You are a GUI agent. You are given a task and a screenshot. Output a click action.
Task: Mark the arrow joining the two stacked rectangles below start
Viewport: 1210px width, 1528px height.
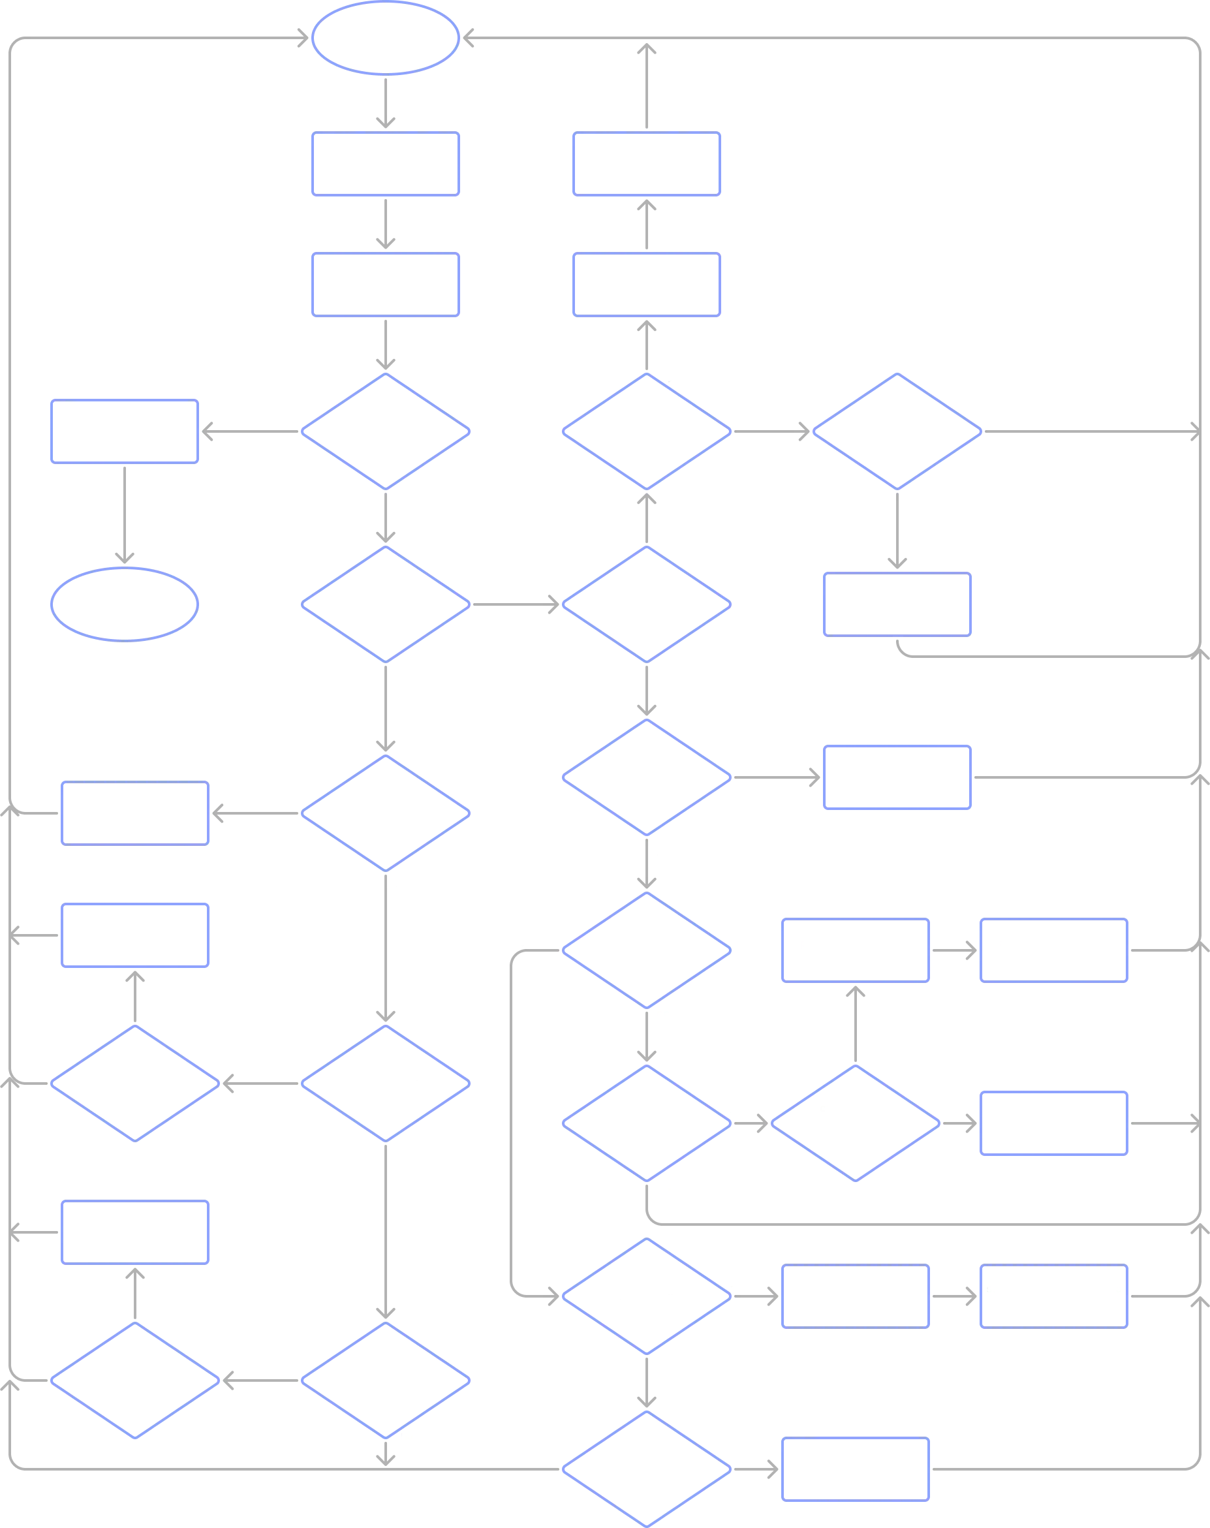click(x=386, y=224)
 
